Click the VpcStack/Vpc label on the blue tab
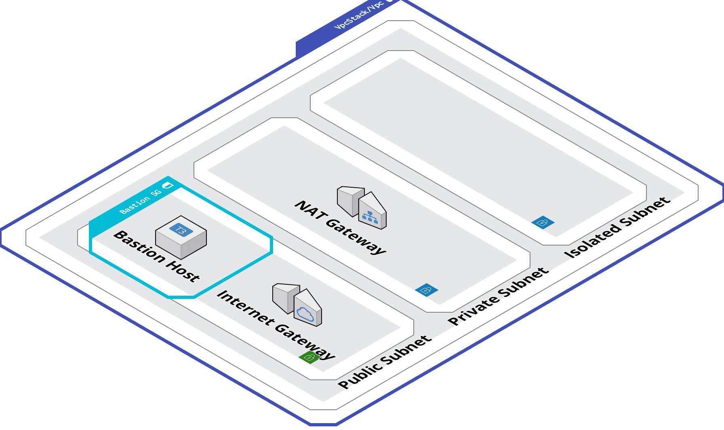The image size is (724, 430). (359, 16)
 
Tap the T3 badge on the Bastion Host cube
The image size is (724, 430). (181, 231)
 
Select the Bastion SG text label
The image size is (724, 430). (140, 201)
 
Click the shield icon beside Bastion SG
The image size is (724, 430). (167, 185)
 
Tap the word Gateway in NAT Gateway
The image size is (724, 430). (356, 237)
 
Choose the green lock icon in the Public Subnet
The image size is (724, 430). (309, 357)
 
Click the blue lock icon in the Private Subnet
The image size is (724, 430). (427, 290)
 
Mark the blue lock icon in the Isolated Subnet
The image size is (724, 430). (543, 222)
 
